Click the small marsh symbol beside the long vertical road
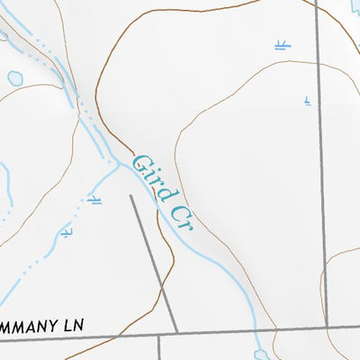click(x=308, y=102)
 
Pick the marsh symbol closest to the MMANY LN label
click(x=66, y=233)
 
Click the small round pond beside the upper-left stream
click(x=15, y=78)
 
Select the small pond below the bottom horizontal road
click(x=260, y=354)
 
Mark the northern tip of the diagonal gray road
click(x=131, y=196)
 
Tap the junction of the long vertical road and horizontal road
click(x=325, y=327)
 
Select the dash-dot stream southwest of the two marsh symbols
click(x=36, y=261)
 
